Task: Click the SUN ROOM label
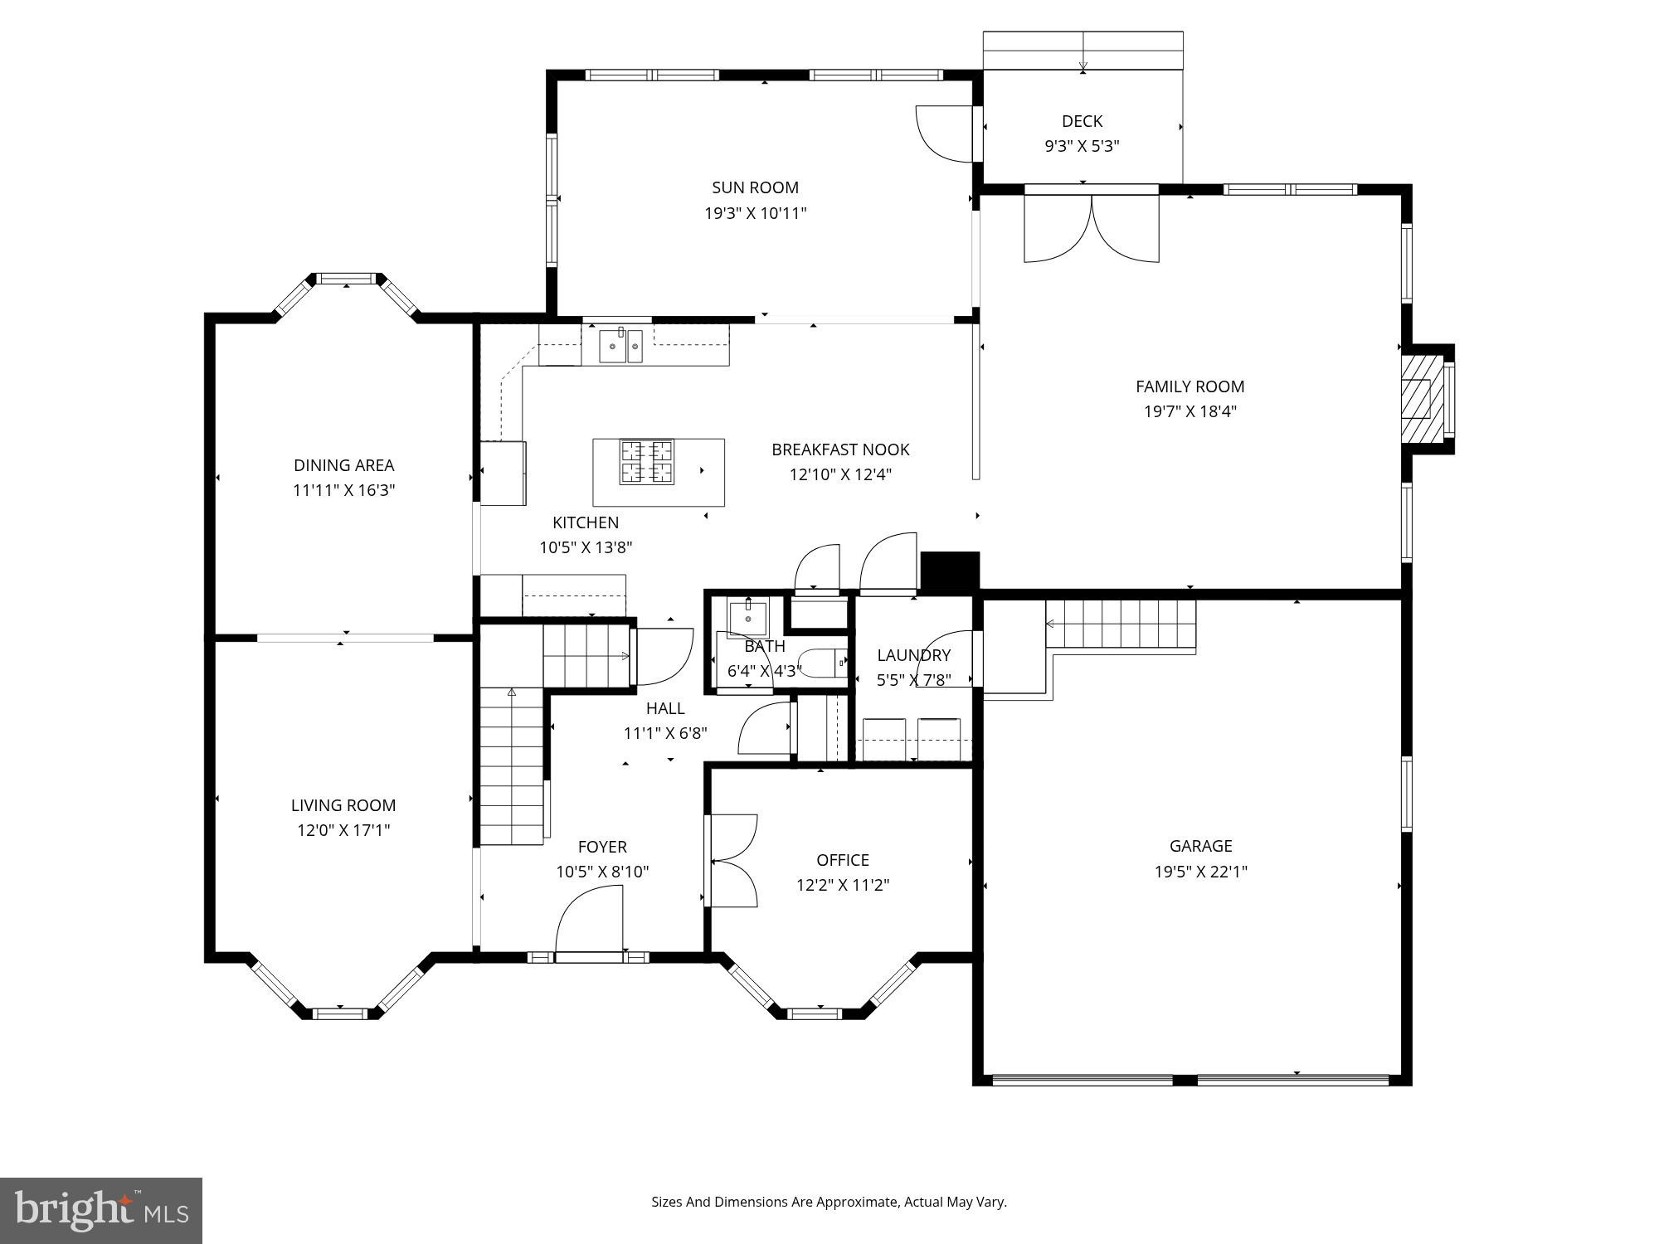755,188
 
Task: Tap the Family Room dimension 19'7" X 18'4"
1190,411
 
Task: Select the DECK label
1082,122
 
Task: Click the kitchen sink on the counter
621,346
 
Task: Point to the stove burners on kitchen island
647,462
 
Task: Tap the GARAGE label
1200,846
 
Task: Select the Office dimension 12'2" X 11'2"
842,885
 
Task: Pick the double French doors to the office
733,861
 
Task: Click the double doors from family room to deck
1091,228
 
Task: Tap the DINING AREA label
343,465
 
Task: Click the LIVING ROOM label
343,805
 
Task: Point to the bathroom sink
747,617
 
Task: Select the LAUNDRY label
913,655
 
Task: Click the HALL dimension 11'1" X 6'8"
664,733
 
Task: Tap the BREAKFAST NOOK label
840,449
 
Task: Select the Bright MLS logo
101,1210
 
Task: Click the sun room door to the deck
946,133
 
